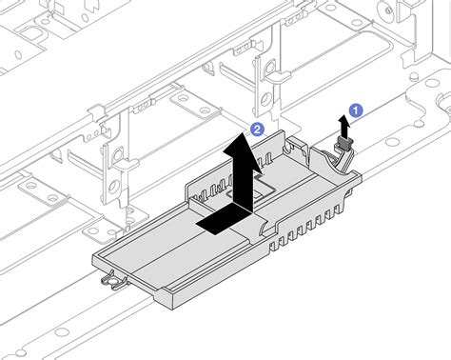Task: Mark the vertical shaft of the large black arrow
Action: tap(245, 176)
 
